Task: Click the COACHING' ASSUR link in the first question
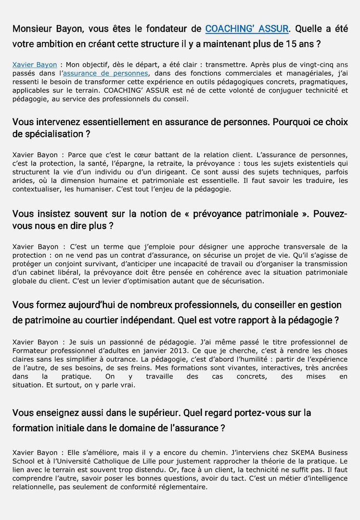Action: (247, 29)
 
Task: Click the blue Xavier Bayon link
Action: (35, 64)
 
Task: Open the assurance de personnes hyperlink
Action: (105, 73)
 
